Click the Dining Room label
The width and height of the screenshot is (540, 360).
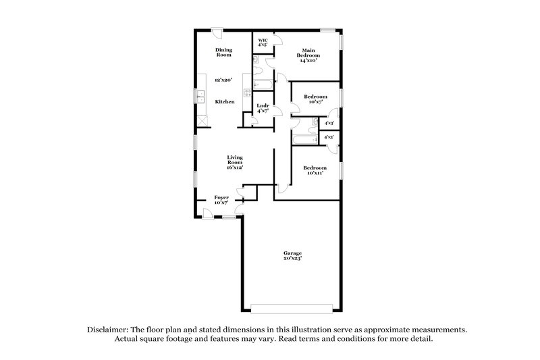(223, 52)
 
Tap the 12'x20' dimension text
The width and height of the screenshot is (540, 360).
(223, 80)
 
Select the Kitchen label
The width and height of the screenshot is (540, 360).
(225, 101)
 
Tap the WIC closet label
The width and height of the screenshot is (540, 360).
(263, 43)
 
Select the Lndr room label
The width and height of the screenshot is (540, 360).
(263, 108)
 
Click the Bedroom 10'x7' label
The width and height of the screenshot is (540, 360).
(315, 99)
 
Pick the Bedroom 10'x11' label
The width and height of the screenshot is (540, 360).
(315, 170)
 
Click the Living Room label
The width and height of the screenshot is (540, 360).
(234, 162)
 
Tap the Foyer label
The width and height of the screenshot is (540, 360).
(221, 200)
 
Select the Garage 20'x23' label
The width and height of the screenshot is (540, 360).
(292, 255)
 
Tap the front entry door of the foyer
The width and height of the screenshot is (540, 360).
(208, 213)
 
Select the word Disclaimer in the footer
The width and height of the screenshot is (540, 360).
(109, 330)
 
